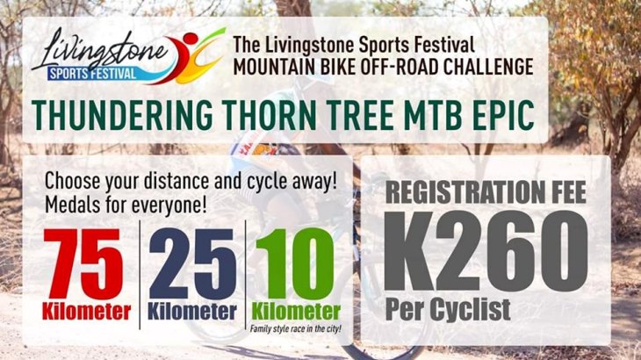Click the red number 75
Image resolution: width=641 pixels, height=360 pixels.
pyautogui.click(x=83, y=264)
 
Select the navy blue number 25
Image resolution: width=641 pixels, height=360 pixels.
pyautogui.click(x=192, y=264)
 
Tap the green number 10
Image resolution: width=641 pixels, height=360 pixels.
pyautogui.click(x=295, y=264)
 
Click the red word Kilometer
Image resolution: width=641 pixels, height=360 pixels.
pyautogui.click(x=86, y=312)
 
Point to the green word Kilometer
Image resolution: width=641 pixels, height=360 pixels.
pyautogui.click(x=296, y=312)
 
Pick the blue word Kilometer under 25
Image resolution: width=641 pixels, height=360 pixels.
pyautogui.click(x=192, y=312)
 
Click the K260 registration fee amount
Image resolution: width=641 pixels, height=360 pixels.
pyautogui.click(x=486, y=251)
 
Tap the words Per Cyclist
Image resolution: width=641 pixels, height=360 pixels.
pyautogui.click(x=448, y=310)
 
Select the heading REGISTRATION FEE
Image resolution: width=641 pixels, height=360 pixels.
pyautogui.click(x=486, y=192)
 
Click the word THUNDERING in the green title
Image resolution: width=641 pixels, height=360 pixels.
pyautogui.click(x=122, y=114)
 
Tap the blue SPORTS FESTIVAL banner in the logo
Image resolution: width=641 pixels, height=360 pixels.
pyautogui.click(x=92, y=74)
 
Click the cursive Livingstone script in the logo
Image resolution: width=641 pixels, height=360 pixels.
pyautogui.click(x=100, y=51)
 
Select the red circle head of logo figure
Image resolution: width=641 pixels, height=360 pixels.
pyautogui.click(x=191, y=39)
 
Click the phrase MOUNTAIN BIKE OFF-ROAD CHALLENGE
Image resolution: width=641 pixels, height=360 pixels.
pyautogui.click(x=383, y=67)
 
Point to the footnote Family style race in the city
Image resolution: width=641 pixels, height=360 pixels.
pyautogui.click(x=296, y=328)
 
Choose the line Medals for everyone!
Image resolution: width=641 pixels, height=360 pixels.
pyautogui.click(x=126, y=205)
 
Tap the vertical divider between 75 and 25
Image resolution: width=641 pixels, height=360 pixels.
pyautogui.click(x=140, y=275)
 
